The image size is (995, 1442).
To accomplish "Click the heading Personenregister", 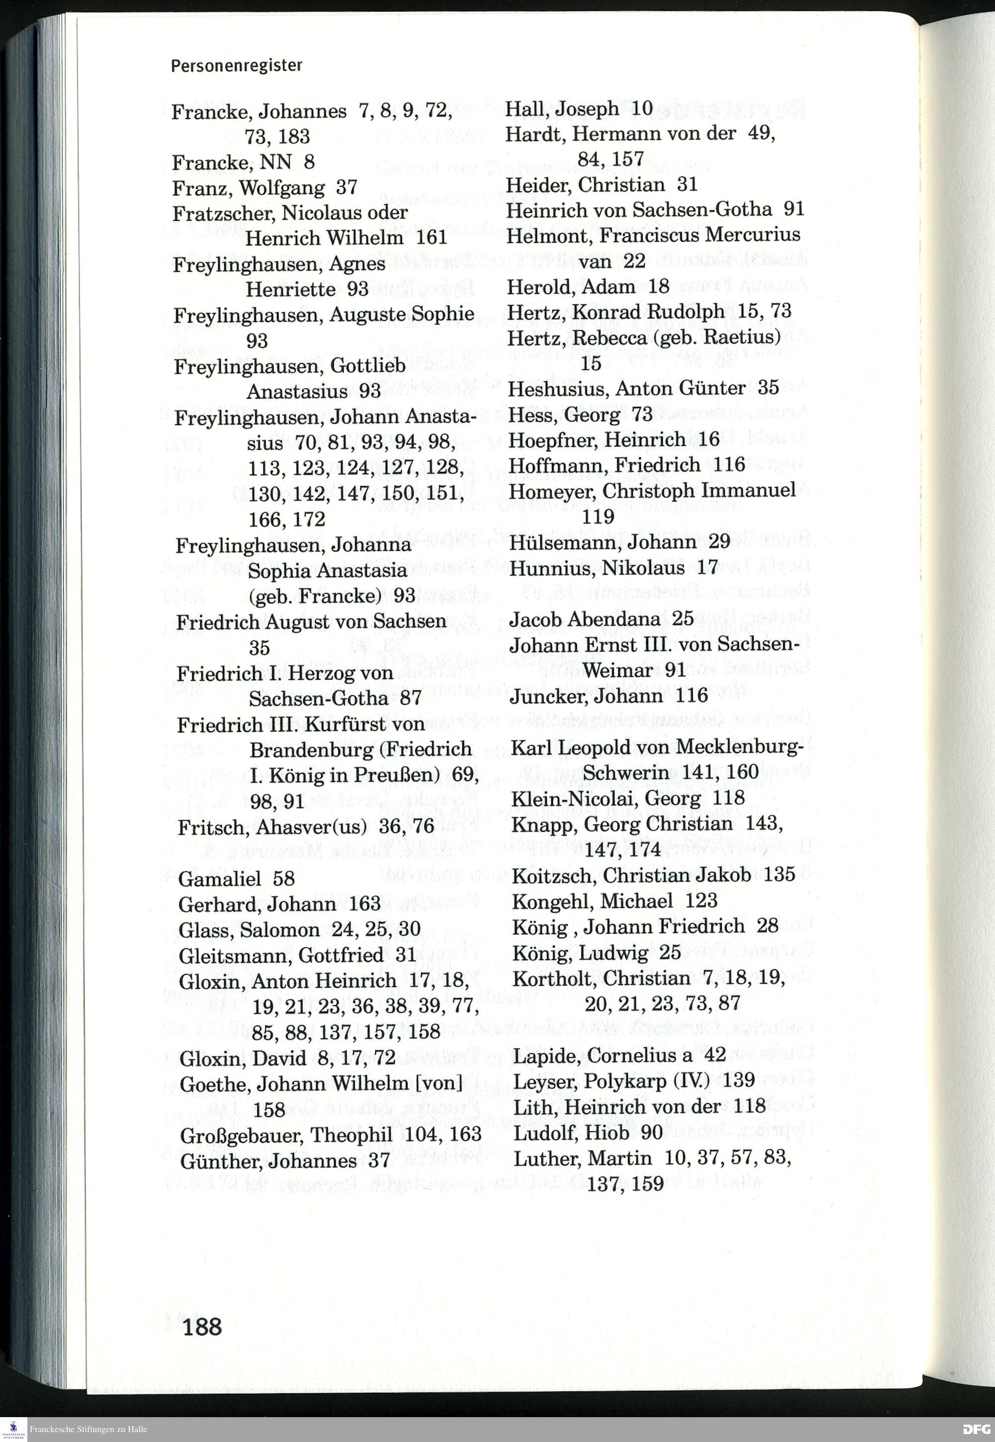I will (236, 66).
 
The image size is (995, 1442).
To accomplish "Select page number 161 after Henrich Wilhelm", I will (431, 238).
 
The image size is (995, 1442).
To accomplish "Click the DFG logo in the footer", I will (975, 1428).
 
